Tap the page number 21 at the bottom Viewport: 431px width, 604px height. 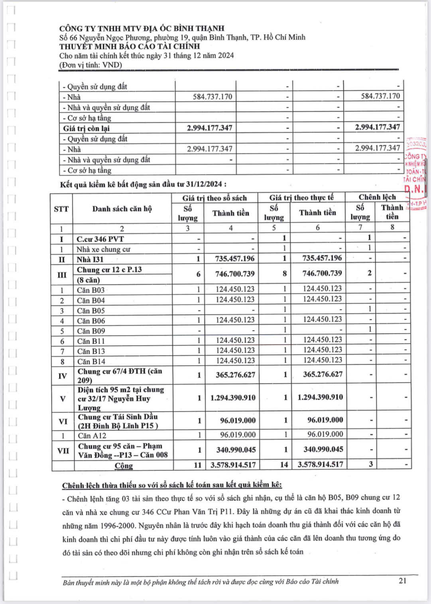pyautogui.click(x=403, y=581)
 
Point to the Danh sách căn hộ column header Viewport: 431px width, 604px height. pyautogui.click(x=122, y=209)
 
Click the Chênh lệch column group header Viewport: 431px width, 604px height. pyautogui.click(x=377, y=197)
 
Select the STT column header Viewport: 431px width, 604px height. pyautogui.click(x=61, y=209)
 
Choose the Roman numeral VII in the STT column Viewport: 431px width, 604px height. pyautogui.click(x=63, y=451)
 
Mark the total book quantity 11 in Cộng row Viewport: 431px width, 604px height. pyautogui.click(x=198, y=465)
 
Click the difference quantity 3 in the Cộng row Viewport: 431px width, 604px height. pyautogui.click(x=371, y=464)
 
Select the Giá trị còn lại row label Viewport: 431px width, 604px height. pyautogui.click(x=86, y=128)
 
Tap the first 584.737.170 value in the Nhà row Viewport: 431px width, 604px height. pyautogui.click(x=213, y=97)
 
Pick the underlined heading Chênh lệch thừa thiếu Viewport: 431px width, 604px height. pyautogui.click(x=172, y=485)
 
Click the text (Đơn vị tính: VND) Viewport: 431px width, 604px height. pyautogui.click(x=91, y=65)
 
